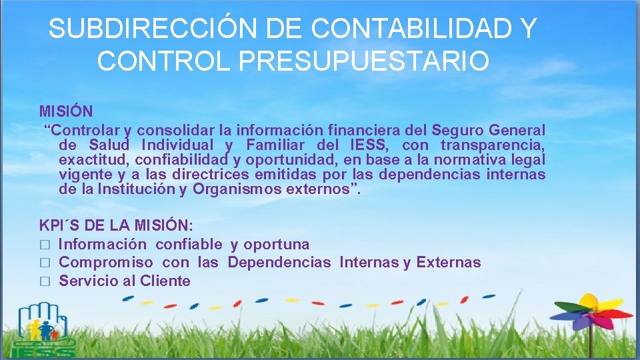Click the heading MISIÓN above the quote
pyautogui.click(x=66, y=110)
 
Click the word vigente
pyautogui.click(x=85, y=175)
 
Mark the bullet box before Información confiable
pyautogui.click(x=45, y=245)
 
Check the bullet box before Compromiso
pyautogui.click(x=45, y=263)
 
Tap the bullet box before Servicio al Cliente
pyautogui.click(x=45, y=281)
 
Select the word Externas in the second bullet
pyautogui.click(x=449, y=263)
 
